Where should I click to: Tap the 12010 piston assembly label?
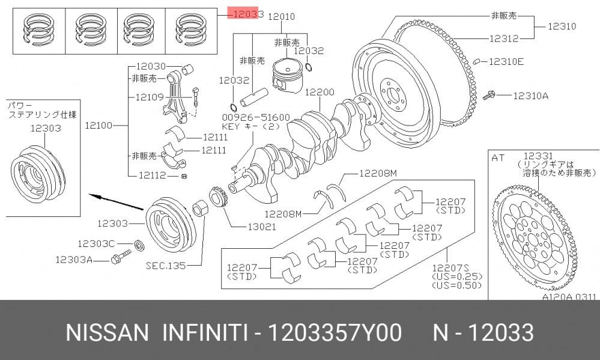[282, 16]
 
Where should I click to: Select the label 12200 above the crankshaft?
[320, 92]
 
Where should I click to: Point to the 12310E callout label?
[506, 61]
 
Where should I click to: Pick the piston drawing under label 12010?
[287, 76]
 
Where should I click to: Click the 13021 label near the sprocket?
[262, 227]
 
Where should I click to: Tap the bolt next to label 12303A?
[121, 257]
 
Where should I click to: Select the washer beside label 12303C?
[139, 245]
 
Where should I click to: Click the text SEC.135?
[166, 265]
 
